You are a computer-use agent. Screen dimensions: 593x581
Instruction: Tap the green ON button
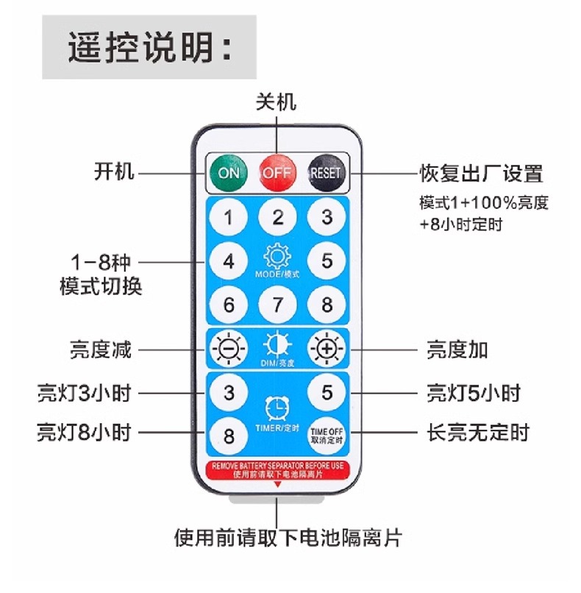pos(229,173)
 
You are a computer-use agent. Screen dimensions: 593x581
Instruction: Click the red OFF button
pos(277,173)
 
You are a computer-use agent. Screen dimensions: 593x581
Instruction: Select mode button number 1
pos(229,218)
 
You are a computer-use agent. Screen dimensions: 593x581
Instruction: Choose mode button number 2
pos(277,217)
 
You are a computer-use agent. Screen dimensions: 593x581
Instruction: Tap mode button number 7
pos(277,304)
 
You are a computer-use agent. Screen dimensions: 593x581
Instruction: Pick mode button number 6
pos(229,304)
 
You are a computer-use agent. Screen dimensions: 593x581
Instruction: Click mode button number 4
pos(229,261)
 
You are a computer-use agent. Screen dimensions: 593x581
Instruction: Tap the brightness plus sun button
pos(326,349)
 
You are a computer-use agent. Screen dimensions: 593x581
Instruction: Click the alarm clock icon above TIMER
pos(277,407)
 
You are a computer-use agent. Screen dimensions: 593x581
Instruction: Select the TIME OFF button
pos(327,434)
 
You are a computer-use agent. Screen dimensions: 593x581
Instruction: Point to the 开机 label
pos(114,173)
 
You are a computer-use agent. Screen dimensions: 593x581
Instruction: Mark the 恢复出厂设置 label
pos(481,174)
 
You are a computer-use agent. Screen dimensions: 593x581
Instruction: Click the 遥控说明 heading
pos(150,47)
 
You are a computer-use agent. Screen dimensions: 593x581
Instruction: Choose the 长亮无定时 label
pos(477,433)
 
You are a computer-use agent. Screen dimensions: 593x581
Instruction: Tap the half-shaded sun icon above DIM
pos(277,345)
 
